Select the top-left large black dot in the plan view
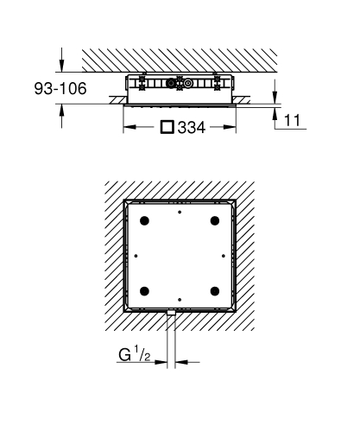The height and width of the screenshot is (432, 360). point(144,219)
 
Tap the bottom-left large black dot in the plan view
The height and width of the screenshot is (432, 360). point(144,289)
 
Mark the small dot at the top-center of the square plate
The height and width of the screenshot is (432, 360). point(180,211)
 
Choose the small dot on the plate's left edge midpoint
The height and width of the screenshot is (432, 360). point(136,254)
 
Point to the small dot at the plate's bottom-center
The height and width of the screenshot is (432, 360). point(180,298)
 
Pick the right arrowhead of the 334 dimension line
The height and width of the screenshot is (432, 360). point(233,126)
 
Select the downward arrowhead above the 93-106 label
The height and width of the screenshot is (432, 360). point(63,67)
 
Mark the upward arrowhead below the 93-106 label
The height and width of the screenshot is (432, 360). point(63,107)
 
